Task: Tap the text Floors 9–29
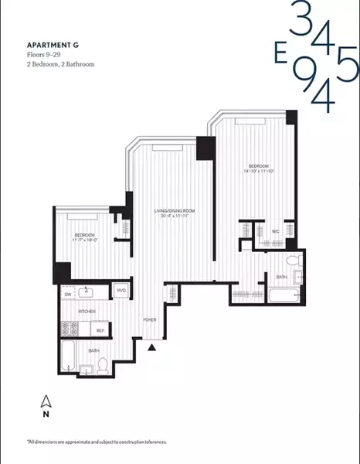[44, 55]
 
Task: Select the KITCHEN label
[88, 311]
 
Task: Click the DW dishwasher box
[68, 294]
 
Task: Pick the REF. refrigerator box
[100, 329]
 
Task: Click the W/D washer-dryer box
[121, 292]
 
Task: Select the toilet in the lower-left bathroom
[103, 363]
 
